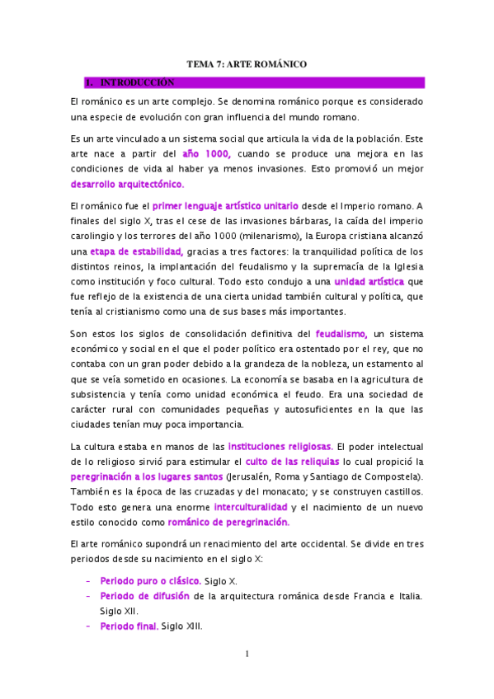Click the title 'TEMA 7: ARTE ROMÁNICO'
click(x=247, y=63)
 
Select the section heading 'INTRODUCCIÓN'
click(x=137, y=83)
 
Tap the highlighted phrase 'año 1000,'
click(x=205, y=154)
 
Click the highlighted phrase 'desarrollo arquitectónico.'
click(x=128, y=184)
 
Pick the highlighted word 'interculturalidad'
click(x=251, y=506)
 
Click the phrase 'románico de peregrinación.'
click(x=228, y=522)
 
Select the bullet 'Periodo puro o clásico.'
click(x=151, y=581)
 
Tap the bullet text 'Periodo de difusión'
click(x=145, y=596)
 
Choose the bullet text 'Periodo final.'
click(x=129, y=626)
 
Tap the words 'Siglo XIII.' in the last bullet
click(x=181, y=626)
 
